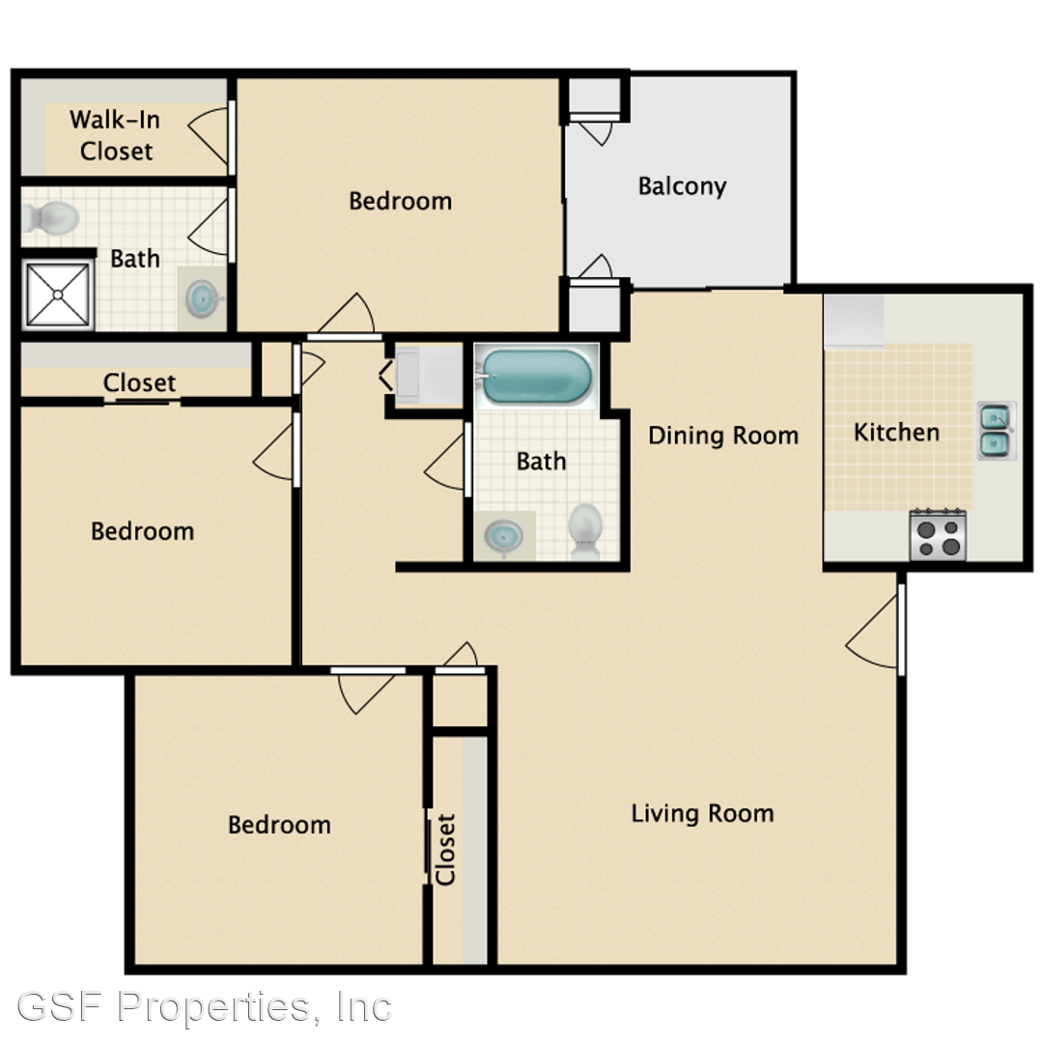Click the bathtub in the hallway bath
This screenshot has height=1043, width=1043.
point(536,376)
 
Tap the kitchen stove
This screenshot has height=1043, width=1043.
point(938,534)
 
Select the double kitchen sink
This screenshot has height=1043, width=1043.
point(997,431)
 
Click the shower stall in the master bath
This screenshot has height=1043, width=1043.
point(58,294)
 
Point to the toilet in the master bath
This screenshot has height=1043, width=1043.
point(50,218)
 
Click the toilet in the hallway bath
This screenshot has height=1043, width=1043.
point(585,531)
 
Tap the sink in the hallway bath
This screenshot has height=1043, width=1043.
point(503,536)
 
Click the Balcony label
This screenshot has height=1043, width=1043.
point(682,186)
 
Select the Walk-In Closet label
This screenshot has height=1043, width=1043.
point(116,136)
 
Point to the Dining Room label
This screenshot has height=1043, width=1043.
point(723,436)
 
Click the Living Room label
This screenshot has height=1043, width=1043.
point(702,813)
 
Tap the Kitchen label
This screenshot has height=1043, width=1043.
point(896,433)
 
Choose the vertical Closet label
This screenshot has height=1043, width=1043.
point(445,850)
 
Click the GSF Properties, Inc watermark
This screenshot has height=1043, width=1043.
point(204,1006)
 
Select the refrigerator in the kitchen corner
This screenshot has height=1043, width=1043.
point(854,320)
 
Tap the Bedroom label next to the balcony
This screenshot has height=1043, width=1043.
point(401,201)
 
